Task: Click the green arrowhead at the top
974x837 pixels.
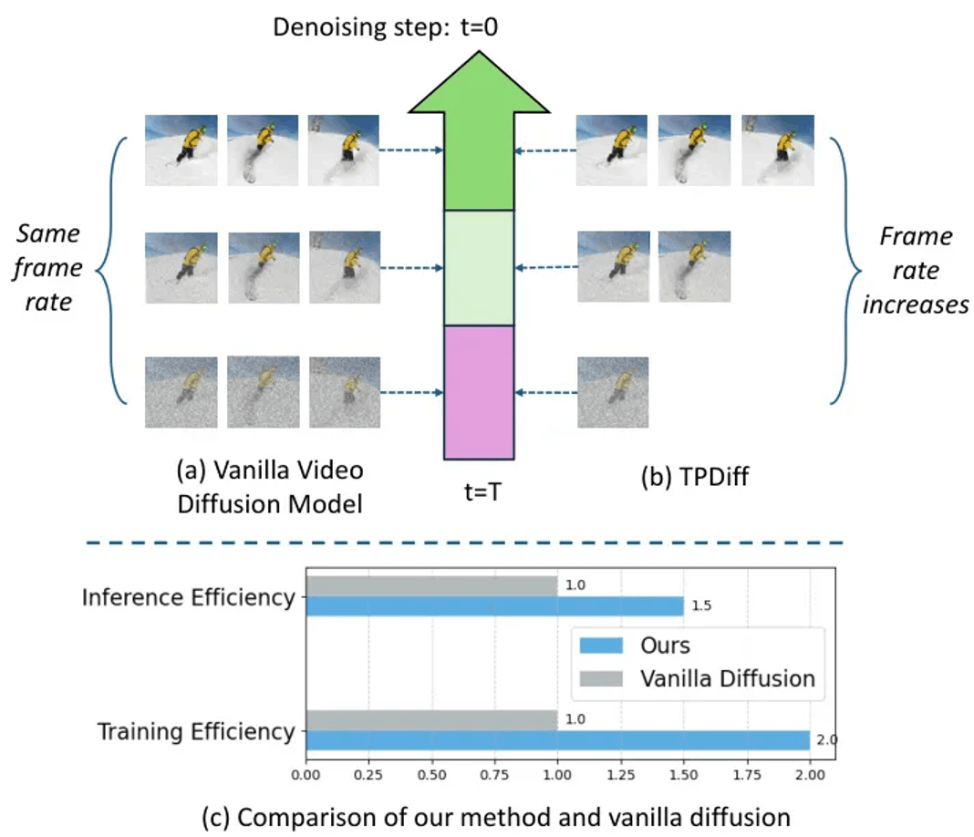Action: (479, 83)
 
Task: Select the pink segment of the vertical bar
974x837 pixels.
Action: (479, 392)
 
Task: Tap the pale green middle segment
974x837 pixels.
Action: (479, 268)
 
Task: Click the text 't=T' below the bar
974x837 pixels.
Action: (482, 491)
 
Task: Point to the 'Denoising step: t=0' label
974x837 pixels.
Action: (385, 27)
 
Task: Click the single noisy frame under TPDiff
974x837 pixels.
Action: (613, 392)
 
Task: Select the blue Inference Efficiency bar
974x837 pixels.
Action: (494, 606)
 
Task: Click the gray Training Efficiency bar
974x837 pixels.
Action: (431, 720)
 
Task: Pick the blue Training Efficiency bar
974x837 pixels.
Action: (558, 740)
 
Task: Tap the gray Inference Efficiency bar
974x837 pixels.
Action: (431, 586)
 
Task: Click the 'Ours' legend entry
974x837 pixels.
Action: (635, 646)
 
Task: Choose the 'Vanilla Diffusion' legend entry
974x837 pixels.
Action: (697, 678)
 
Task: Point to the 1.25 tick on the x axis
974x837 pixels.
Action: (621, 775)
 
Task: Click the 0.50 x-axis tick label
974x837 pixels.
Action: (431, 775)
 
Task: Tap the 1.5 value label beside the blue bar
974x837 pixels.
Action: (701, 606)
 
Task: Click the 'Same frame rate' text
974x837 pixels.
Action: (47, 268)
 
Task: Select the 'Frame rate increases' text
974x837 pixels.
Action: (916, 270)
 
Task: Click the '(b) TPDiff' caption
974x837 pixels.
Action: (694, 477)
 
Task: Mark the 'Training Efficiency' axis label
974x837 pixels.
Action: (196, 731)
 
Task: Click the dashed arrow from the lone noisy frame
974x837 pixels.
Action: (546, 392)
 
